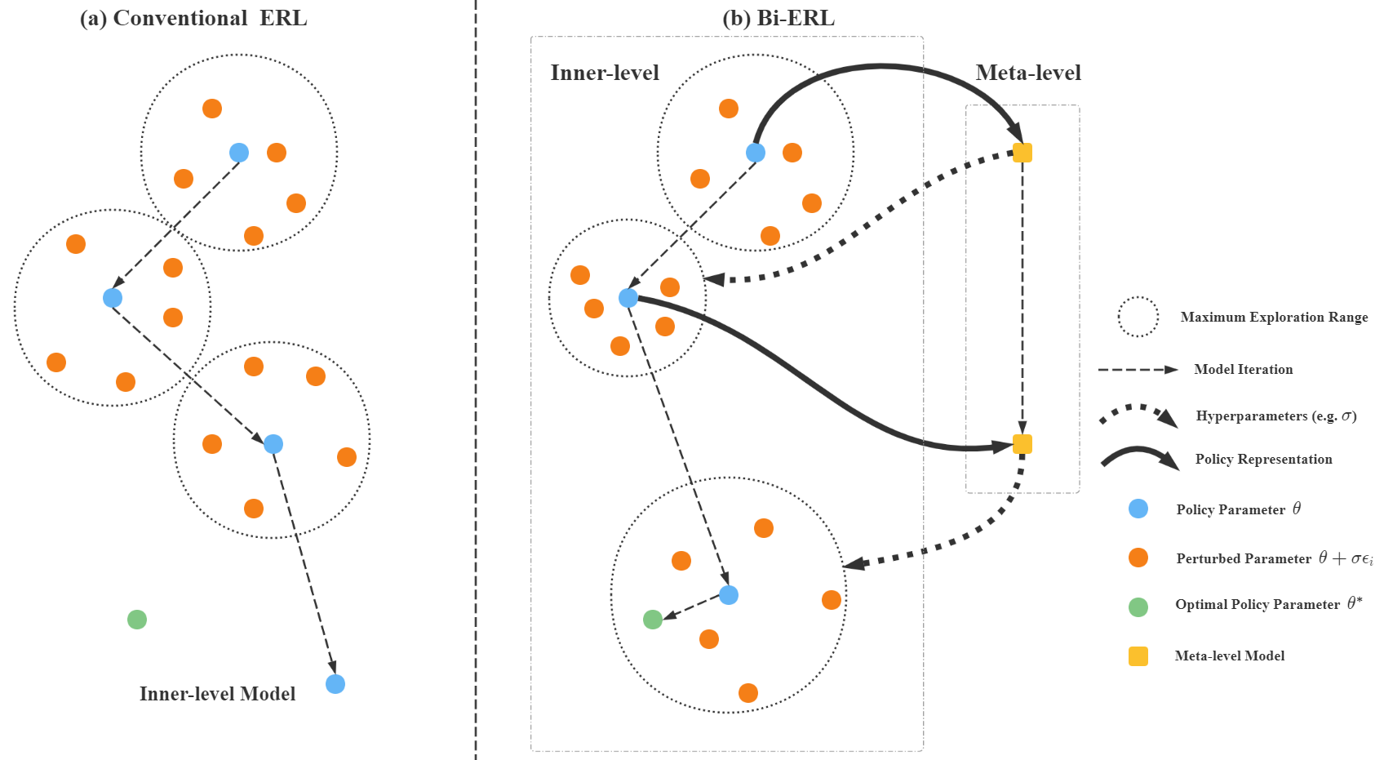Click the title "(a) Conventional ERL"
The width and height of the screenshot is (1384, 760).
point(193,19)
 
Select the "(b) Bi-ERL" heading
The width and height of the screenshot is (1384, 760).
point(778,19)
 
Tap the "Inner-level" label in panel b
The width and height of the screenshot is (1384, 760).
point(605,73)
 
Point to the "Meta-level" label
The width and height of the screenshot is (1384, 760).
point(1028,73)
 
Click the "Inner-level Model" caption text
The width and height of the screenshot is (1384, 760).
point(217,694)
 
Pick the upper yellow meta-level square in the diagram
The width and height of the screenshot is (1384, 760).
point(1022,153)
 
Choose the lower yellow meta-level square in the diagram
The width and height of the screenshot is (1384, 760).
point(1022,444)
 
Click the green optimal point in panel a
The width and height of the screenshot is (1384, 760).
point(137,620)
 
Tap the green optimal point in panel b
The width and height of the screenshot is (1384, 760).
point(653,620)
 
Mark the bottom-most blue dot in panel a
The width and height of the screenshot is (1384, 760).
point(335,684)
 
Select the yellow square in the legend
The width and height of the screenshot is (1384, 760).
point(1138,656)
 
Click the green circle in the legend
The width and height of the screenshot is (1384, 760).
point(1138,607)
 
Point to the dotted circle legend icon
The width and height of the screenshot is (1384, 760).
point(1138,317)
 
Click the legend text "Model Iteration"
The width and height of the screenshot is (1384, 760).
point(1243,370)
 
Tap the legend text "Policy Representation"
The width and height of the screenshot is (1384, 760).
point(1263,460)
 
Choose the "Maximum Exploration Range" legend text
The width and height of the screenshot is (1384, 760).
point(1274,318)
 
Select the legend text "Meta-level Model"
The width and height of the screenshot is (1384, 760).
point(1229,656)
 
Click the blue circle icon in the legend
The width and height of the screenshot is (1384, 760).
point(1138,509)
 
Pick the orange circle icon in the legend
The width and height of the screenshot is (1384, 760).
point(1138,558)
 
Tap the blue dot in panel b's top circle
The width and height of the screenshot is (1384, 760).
point(756,153)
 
